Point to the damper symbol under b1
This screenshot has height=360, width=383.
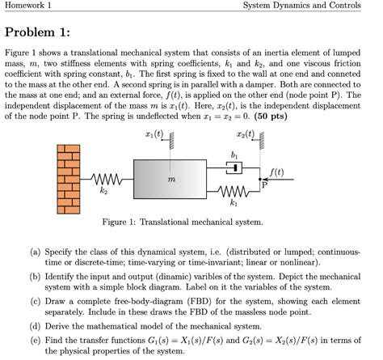pyautogui.click(x=234, y=167)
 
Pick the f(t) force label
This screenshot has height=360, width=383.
pyautogui.click(x=276, y=172)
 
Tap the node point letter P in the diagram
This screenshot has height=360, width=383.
pyautogui.click(x=263, y=185)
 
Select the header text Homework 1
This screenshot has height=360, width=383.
pyautogui.click(x=27, y=6)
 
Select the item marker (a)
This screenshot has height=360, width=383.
pyautogui.click(x=36, y=252)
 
